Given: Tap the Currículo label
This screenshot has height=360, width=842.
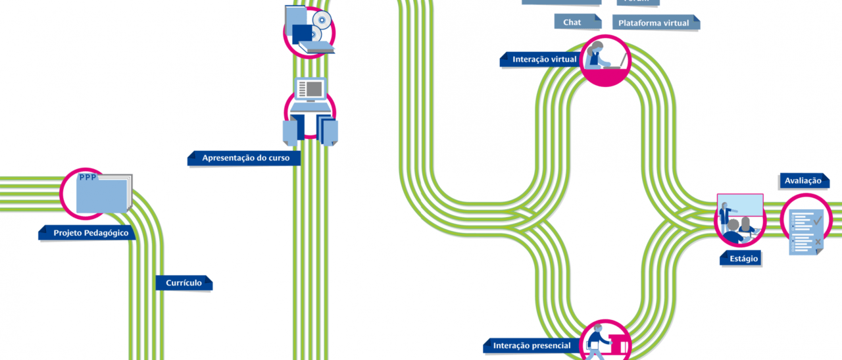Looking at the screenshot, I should coord(184,283).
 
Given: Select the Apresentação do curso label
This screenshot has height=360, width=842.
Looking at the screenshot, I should coord(245,158).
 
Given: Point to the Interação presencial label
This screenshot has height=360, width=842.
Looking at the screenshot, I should coord(532,346).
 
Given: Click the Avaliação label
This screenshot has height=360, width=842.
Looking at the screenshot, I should coord(803,180).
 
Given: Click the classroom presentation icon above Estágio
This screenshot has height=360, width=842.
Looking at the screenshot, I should coord(739,217).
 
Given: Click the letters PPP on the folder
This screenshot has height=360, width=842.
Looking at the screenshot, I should coord(87,178).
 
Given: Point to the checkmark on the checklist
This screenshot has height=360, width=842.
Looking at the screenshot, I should coord(817,220).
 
